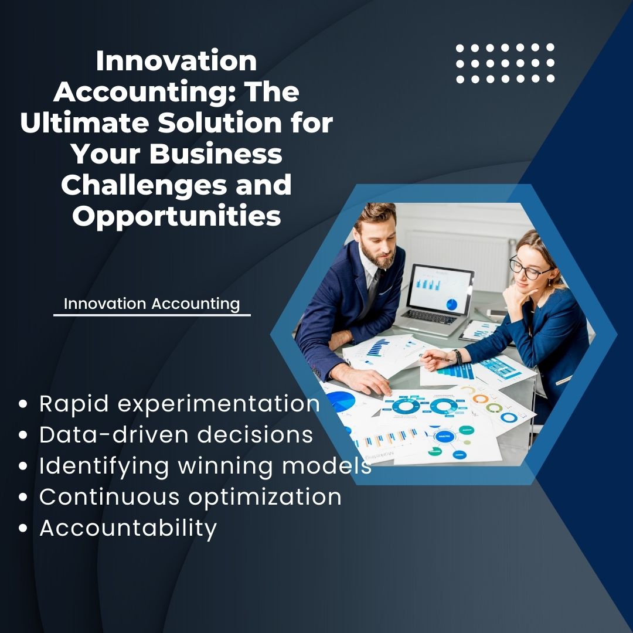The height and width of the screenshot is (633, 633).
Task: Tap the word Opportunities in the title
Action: (x=176, y=216)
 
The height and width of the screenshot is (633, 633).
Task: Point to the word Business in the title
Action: (x=215, y=154)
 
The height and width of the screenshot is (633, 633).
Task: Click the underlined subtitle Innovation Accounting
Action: (x=152, y=304)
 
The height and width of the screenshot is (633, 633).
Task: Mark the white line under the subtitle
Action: (x=152, y=315)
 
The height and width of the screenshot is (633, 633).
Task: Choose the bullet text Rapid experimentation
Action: (x=179, y=404)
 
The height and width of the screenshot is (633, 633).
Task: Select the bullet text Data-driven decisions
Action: (x=176, y=435)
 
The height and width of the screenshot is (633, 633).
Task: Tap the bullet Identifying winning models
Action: (x=205, y=466)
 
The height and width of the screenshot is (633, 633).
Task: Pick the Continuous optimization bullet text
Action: (x=190, y=497)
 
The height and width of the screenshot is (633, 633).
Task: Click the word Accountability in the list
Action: (x=128, y=528)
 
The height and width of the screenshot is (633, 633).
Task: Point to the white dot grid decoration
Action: (x=505, y=63)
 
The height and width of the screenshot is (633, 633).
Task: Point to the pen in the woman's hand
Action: (x=437, y=357)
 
